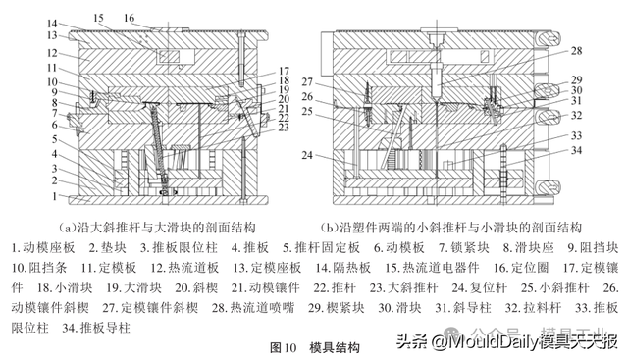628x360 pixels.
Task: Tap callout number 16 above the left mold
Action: (130, 18)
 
